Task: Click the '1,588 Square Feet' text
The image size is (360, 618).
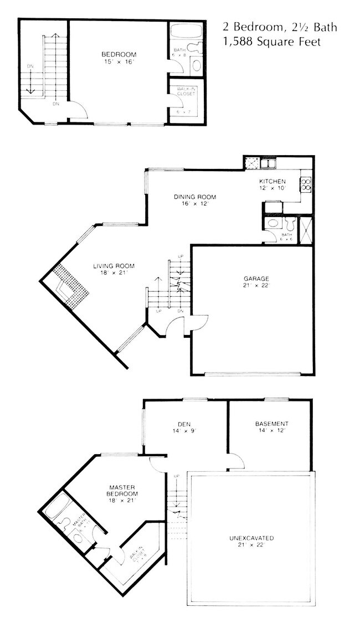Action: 271,42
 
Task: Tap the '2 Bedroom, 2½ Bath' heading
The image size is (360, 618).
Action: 279,27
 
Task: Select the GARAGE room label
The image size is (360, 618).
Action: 254,279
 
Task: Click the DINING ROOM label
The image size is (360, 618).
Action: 194,197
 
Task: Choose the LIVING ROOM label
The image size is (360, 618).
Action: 114,266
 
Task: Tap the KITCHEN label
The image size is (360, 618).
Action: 272,181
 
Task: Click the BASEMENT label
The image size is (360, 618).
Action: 271,424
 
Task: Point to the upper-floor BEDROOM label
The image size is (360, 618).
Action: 119,54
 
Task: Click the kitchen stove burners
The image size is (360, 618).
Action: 305,184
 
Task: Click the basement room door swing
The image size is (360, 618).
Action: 236,461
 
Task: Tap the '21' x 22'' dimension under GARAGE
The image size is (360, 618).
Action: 254,286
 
